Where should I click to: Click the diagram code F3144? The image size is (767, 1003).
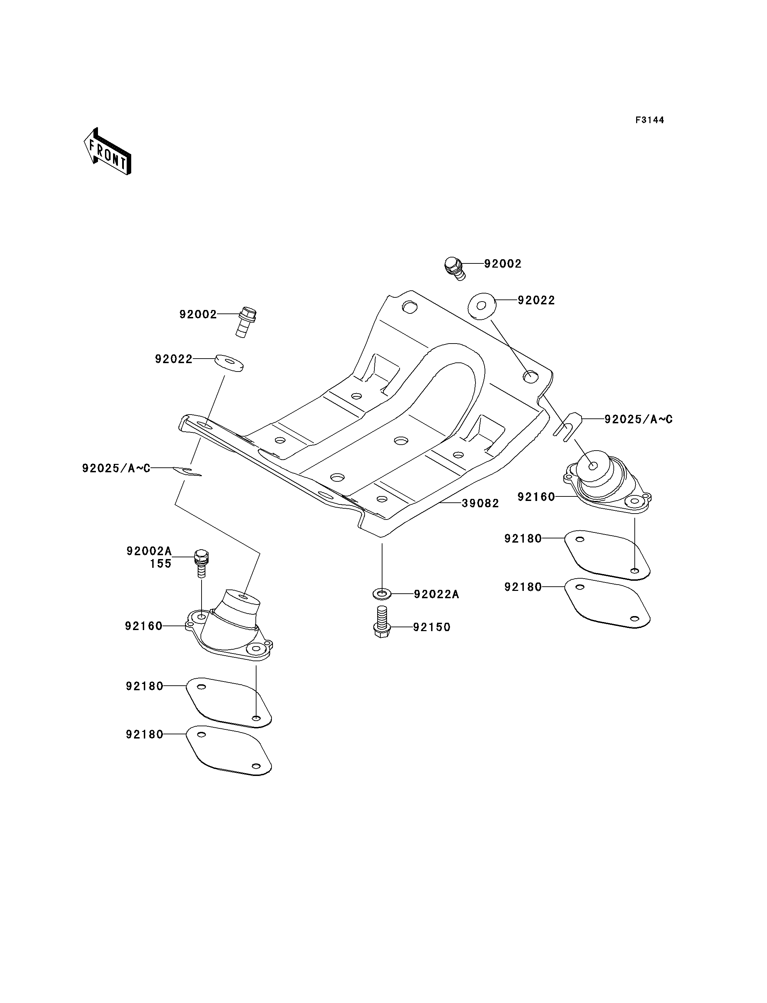[650, 120]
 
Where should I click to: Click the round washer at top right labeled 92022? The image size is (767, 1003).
[482, 304]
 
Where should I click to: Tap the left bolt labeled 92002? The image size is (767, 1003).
[246, 322]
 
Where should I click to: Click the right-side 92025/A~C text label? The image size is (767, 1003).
[638, 419]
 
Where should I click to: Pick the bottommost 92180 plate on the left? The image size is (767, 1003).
[229, 750]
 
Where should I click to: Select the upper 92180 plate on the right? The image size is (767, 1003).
[607, 555]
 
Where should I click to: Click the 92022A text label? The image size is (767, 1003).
[436, 594]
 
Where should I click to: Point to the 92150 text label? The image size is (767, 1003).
[432, 627]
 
